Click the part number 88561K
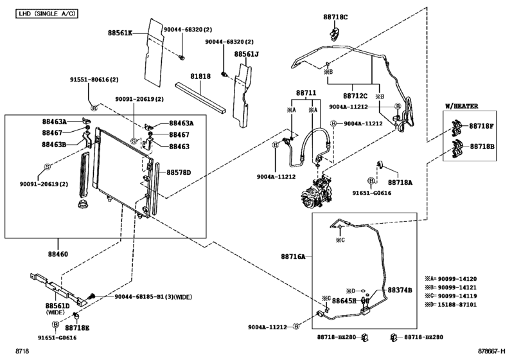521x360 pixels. (x=119, y=32)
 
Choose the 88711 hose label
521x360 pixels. (x=306, y=93)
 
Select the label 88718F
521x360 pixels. (x=481, y=127)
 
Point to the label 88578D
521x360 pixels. (x=179, y=172)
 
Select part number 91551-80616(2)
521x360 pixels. (x=94, y=80)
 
